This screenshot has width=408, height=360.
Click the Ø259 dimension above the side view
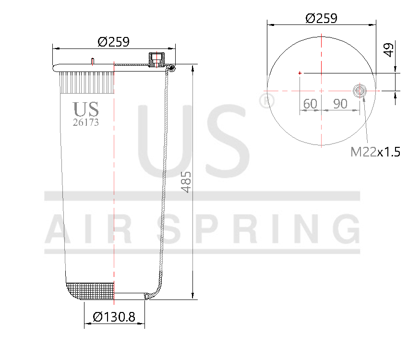(x=113, y=42)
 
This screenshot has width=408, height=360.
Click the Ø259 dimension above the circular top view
(x=321, y=18)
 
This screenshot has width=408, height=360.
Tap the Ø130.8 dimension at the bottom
(x=114, y=317)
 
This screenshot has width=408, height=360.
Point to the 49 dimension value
(x=389, y=49)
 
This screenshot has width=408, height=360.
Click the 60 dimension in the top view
(x=310, y=104)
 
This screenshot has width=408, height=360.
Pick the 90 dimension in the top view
(x=340, y=104)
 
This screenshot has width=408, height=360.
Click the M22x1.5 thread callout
(x=375, y=153)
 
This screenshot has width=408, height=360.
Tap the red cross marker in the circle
(x=300, y=73)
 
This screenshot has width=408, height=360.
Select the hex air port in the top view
(x=359, y=91)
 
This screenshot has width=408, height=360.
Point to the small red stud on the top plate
(x=92, y=61)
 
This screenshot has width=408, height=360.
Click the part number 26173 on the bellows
(x=85, y=122)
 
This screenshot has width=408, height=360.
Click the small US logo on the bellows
(x=85, y=109)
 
